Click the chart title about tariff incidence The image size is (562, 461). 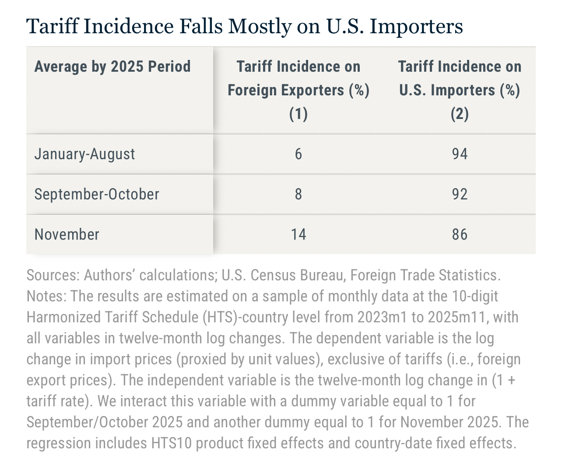[244, 26]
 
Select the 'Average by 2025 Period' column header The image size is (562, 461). [112, 67]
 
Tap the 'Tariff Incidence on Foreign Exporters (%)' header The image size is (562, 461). [299, 90]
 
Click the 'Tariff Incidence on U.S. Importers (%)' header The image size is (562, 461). [460, 90]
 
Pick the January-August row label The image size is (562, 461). [84, 154]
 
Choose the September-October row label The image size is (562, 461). [97, 194]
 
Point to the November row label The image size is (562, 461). [67, 234]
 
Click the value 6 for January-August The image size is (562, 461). [299, 154]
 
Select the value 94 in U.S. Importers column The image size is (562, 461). [460, 154]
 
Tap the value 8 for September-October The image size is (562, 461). [299, 194]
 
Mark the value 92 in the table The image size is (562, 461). [460, 194]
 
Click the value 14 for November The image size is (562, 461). [299, 234]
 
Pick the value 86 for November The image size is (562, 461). [460, 234]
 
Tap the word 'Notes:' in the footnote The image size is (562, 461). [47, 297]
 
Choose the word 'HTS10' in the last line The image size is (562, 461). [172, 444]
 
